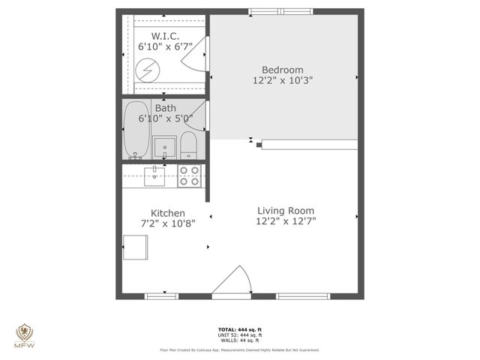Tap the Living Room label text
click(x=286, y=211)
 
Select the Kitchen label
click(x=167, y=213)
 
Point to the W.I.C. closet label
click(x=165, y=35)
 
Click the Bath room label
click(x=166, y=107)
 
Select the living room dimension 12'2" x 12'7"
click(x=286, y=222)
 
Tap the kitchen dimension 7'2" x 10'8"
click(x=167, y=224)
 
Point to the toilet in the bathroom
click(x=188, y=145)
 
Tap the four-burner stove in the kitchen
click(x=189, y=176)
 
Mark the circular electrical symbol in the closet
click(x=148, y=70)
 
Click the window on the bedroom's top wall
click(x=272, y=11)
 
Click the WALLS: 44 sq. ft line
click(x=239, y=340)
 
